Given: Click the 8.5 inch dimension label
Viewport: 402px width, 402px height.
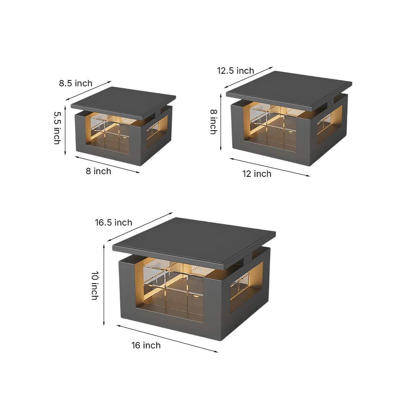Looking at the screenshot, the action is [76, 83].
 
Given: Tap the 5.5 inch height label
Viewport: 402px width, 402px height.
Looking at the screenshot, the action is [57, 128].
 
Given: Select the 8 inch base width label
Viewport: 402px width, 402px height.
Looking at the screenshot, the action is [98, 171].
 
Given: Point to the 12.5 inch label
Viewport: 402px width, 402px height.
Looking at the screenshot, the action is [235, 70].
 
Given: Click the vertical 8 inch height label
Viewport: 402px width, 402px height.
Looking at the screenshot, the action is [214, 122].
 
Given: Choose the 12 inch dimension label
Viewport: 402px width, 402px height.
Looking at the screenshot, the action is [257, 174].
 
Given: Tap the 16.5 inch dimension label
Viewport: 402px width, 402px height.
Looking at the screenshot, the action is [114, 222].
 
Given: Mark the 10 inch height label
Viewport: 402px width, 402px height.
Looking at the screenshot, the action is [95, 285].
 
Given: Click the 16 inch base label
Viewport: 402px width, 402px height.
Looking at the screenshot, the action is [146, 345].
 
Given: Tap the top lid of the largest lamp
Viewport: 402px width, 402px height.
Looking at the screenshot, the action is [194, 242].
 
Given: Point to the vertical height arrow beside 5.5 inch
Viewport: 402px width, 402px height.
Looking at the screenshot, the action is [65, 131].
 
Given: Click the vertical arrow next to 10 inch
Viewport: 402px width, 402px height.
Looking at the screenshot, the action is [104, 285].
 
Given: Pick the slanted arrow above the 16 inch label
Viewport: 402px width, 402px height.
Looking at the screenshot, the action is [167, 339].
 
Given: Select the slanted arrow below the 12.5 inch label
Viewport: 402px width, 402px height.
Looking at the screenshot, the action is [248, 77].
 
